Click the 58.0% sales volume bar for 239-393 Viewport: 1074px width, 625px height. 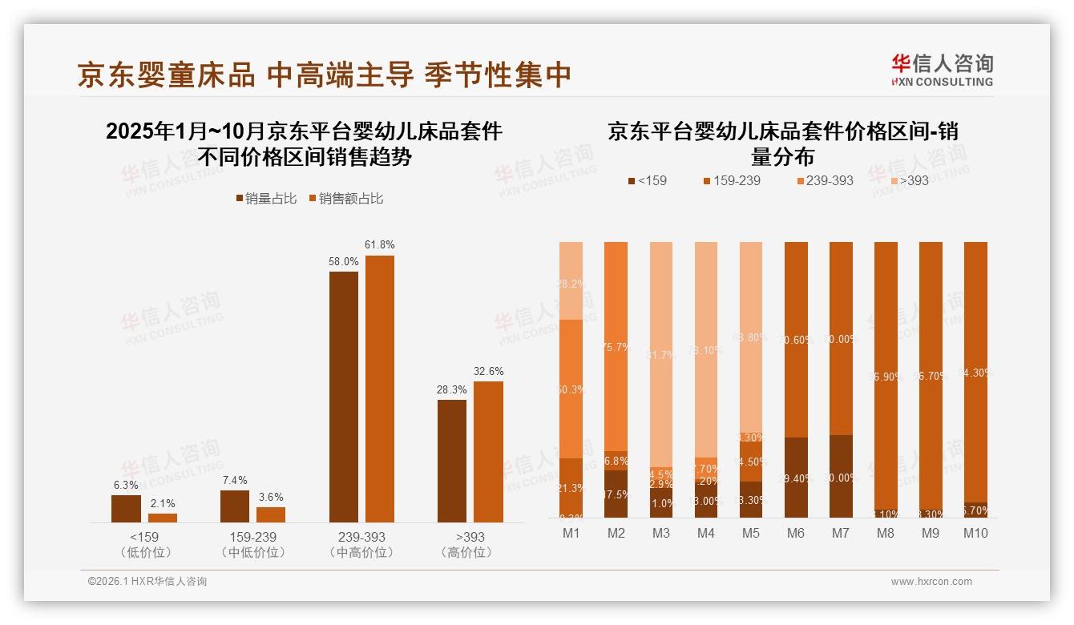click(344, 397)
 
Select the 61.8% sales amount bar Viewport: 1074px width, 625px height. click(380, 389)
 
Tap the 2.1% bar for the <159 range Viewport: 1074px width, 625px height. click(163, 518)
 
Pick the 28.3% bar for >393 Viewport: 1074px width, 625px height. click(452, 461)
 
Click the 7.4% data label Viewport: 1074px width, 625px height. click(234, 480)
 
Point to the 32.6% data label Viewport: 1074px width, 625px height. click(488, 371)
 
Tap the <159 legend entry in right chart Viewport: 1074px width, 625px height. click(647, 180)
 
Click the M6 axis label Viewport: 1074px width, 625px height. click(796, 533)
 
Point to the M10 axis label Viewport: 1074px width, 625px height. click(975, 533)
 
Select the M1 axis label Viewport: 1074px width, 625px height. click(571, 533)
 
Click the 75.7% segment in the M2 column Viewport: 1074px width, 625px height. click(616, 346)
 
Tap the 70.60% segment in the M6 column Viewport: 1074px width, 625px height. click(796, 339)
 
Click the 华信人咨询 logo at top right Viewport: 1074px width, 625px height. click(942, 70)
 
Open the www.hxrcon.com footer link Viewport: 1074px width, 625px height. click(931, 582)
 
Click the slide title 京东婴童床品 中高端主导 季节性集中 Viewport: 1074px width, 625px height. click(324, 75)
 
